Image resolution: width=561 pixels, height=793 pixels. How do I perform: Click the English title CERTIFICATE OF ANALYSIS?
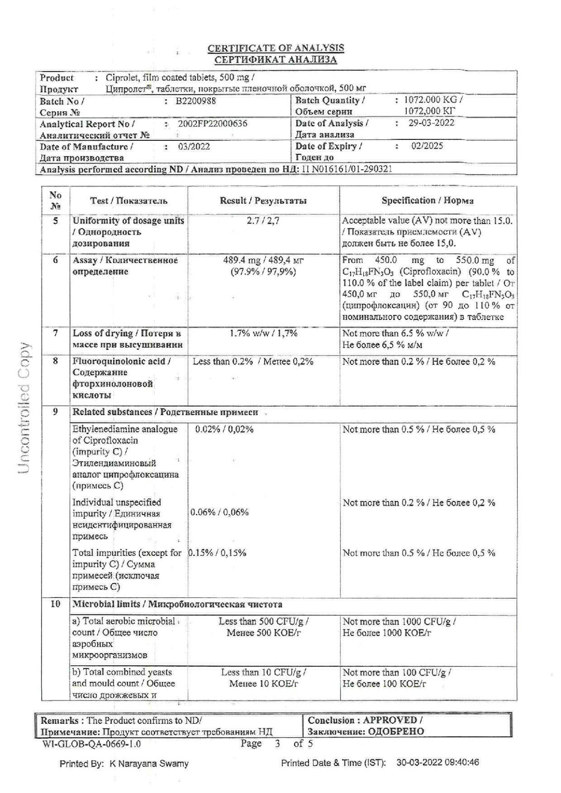[x=276, y=48]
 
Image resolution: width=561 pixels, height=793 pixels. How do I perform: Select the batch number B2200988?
[x=196, y=101]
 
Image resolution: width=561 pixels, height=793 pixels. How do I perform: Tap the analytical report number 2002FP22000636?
[x=213, y=124]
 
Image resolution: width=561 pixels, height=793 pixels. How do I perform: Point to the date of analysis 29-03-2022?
[x=432, y=123]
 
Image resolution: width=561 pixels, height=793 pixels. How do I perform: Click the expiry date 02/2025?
[x=427, y=146]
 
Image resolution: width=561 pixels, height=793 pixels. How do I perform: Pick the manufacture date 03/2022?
[x=194, y=146]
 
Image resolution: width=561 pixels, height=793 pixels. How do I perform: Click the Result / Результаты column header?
[x=263, y=201]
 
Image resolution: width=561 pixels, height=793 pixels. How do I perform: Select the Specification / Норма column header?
[x=427, y=201]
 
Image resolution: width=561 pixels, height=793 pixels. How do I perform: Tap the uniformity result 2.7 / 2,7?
[x=263, y=221]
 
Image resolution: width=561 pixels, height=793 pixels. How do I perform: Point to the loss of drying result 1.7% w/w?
[x=263, y=333]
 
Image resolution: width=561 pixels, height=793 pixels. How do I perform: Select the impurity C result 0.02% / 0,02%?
[x=224, y=429]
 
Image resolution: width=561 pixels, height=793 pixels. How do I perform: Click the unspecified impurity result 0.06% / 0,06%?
[x=219, y=512]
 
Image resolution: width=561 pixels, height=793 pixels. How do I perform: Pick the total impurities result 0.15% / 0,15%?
[x=217, y=553]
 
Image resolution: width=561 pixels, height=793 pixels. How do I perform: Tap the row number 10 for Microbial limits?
[x=56, y=604]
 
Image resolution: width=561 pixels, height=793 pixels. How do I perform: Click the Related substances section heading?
[x=165, y=412]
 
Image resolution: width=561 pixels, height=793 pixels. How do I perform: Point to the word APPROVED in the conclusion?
[x=390, y=720]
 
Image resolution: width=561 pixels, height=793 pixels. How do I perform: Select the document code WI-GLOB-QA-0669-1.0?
[x=91, y=744]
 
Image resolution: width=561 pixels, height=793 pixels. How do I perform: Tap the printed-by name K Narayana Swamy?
[x=149, y=764]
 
